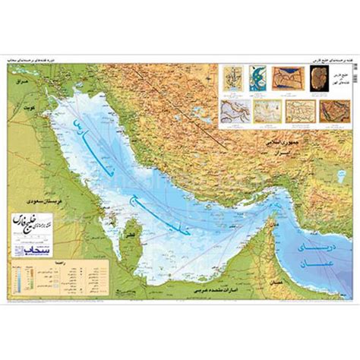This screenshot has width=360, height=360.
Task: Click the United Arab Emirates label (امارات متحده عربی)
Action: click(x=220, y=289)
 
